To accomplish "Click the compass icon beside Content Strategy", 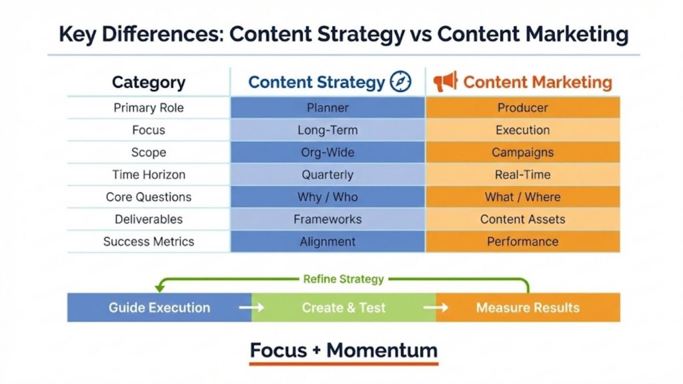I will click(x=400, y=82).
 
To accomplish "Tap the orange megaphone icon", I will click(x=445, y=82).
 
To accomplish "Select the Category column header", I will click(x=148, y=83).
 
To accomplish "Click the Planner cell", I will click(x=327, y=108).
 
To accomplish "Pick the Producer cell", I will click(x=522, y=108).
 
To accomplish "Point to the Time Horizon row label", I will click(x=148, y=175).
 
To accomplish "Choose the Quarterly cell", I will click(x=327, y=175).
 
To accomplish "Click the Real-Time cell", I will click(x=522, y=175).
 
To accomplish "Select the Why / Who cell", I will click(x=327, y=197).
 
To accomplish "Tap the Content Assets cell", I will click(x=522, y=219).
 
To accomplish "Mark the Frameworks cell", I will click(x=327, y=219).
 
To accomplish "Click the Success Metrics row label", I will click(x=148, y=241).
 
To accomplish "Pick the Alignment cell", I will click(x=327, y=241).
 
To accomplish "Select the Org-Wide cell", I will click(x=327, y=152).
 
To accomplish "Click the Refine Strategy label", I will click(x=343, y=279).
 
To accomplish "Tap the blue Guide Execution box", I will click(x=159, y=307).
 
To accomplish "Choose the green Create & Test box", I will click(x=344, y=307).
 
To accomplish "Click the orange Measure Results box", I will click(x=528, y=307).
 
